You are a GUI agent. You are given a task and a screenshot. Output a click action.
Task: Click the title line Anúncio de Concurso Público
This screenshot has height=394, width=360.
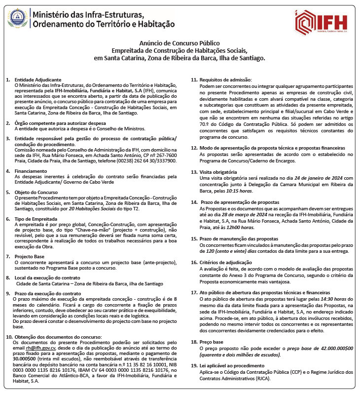180,43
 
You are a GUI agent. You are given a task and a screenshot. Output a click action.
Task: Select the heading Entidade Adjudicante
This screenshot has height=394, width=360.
38,79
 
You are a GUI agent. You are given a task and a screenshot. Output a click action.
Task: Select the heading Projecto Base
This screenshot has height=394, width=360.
29,257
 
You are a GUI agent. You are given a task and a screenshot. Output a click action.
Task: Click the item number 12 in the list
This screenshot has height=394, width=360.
193,148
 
